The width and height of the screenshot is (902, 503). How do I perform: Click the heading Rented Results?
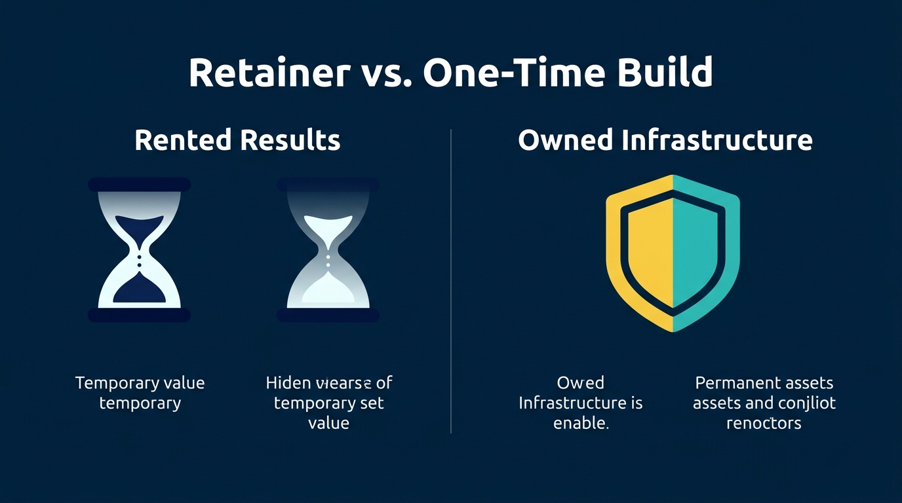point(237,140)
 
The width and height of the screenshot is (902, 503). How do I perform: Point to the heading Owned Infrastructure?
point(665,140)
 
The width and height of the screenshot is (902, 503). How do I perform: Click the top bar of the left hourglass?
point(139,185)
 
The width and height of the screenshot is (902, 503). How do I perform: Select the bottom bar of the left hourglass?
point(139,316)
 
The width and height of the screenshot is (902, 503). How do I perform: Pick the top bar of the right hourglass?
point(328,185)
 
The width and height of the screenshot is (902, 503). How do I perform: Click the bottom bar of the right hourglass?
point(328,316)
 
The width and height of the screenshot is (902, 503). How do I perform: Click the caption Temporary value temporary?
point(140,392)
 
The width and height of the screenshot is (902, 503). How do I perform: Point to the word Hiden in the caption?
point(288,382)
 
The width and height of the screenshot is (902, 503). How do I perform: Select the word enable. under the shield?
point(581,423)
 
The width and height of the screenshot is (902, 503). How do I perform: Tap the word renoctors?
point(764,423)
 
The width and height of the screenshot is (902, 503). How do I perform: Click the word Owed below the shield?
point(580,382)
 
